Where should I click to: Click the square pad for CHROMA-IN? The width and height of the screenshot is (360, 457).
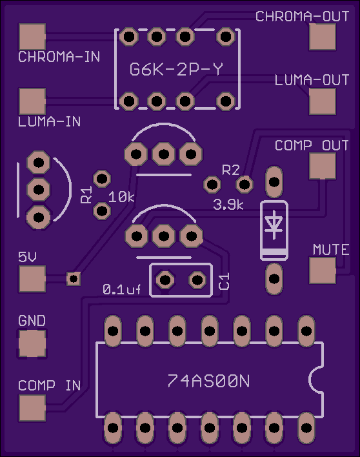tap(32, 37)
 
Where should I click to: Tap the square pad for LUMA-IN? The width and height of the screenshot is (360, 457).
tap(32, 101)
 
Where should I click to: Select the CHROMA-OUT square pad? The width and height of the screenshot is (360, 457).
tap(323, 37)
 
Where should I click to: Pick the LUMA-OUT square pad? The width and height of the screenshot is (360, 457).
tap(323, 101)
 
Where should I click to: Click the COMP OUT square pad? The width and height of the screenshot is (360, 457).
tap(323, 166)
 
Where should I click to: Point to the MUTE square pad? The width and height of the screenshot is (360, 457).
tap(323, 270)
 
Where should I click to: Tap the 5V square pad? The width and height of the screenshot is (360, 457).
tap(32, 279)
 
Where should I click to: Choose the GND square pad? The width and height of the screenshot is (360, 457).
tap(32, 343)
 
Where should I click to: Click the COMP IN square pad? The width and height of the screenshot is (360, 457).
tap(32, 408)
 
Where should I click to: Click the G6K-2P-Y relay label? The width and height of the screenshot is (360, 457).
tap(176, 69)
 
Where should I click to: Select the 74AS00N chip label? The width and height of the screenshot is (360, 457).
tap(208, 381)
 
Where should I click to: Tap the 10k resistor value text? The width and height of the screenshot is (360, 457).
tap(121, 198)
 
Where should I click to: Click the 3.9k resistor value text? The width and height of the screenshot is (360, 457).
tap(228, 205)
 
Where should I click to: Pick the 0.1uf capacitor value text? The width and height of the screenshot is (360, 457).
tap(122, 289)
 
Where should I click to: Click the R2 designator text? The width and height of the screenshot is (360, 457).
tap(231, 170)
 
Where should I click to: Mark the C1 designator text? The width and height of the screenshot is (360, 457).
tap(224, 281)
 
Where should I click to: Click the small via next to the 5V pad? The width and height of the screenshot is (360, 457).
tap(74, 279)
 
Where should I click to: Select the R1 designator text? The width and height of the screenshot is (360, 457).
tap(86, 194)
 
